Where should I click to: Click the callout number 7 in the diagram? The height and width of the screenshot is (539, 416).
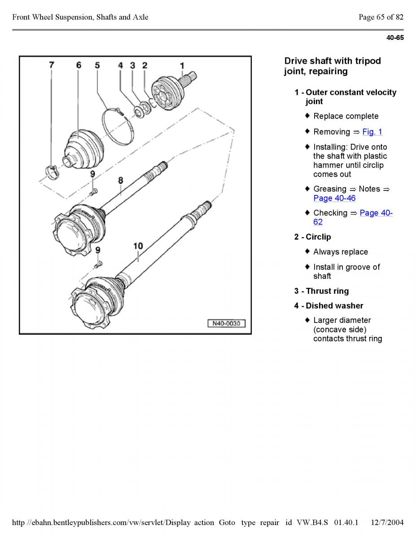[52, 65]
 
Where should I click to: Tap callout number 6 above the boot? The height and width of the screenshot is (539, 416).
[79, 65]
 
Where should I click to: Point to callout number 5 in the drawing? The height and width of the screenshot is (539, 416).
[97, 65]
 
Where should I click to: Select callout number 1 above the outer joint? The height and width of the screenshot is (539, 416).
[182, 66]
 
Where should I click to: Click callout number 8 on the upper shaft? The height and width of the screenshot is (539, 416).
[120, 181]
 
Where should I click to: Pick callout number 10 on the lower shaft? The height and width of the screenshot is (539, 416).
[138, 246]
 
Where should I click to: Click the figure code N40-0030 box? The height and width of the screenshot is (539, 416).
[226, 323]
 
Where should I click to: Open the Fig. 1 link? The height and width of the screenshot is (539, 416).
[372, 132]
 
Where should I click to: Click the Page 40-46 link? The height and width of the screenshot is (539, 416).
[334, 198]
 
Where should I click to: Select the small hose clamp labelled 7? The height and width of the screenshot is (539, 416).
[53, 171]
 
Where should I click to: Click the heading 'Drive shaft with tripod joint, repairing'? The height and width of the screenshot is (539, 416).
[333, 66]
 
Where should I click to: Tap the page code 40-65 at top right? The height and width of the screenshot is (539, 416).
[395, 38]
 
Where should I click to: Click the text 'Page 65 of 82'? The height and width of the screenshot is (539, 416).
[381, 17]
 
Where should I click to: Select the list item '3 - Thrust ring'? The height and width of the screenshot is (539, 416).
[321, 291]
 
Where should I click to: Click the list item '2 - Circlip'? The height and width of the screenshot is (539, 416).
[312, 237]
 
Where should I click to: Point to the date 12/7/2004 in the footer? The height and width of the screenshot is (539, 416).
[387, 522]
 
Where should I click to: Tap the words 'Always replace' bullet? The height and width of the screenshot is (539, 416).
[340, 252]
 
